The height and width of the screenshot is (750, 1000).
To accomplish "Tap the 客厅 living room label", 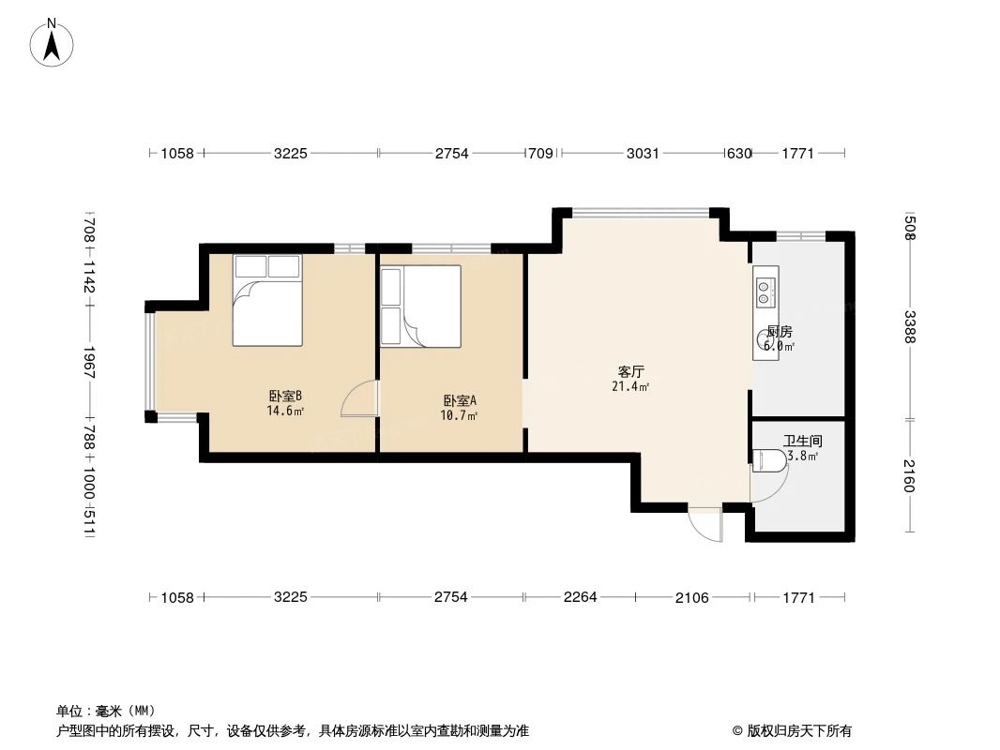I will pyautogui.click(x=630, y=371).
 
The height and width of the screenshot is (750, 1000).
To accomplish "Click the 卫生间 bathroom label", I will pyautogui.click(x=803, y=441).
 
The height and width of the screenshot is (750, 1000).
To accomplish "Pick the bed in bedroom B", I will pyautogui.click(x=267, y=299).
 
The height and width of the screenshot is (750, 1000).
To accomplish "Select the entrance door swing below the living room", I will pyautogui.click(x=705, y=525).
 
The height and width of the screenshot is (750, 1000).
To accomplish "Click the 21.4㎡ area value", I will pyautogui.click(x=630, y=386).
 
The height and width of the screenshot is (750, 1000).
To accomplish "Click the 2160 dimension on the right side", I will pyautogui.click(x=909, y=476).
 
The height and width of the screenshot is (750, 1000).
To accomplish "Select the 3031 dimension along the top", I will pyautogui.click(x=643, y=154).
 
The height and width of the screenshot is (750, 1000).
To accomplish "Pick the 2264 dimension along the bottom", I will pyautogui.click(x=579, y=597).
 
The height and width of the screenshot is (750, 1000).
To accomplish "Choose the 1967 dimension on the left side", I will pyautogui.click(x=89, y=364).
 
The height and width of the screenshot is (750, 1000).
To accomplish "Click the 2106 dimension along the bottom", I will pyautogui.click(x=692, y=597).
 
